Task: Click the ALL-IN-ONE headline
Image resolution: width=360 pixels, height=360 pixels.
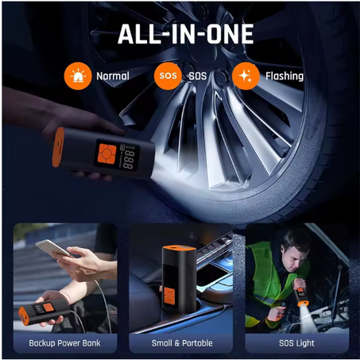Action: (x=186, y=33)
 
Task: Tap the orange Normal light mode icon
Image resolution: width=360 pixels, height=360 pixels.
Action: (x=78, y=76)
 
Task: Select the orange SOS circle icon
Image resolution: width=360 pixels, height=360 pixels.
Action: (x=168, y=76)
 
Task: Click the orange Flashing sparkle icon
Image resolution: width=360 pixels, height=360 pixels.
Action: (x=246, y=76)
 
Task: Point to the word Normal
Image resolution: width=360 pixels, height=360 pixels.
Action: (x=113, y=76)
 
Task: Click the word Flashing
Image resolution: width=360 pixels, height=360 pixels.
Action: (x=285, y=76)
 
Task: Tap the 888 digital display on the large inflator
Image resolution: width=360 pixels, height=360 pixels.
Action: (x=129, y=160)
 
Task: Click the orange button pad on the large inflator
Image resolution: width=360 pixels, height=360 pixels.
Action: (x=106, y=153)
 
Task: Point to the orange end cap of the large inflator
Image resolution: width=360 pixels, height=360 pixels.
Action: (x=58, y=147)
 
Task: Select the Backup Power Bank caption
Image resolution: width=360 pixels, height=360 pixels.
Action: (x=64, y=343)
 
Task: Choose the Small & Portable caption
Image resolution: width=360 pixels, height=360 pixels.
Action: (x=182, y=343)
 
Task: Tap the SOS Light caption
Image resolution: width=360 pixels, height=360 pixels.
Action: (x=296, y=343)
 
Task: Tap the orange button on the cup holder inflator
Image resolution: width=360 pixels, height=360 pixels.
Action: (x=169, y=296)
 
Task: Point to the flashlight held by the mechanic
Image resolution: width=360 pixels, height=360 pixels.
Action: (x=301, y=294)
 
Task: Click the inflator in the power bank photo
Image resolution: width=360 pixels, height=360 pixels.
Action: (x=44, y=312)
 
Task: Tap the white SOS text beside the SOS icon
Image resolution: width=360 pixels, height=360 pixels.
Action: (x=198, y=76)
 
